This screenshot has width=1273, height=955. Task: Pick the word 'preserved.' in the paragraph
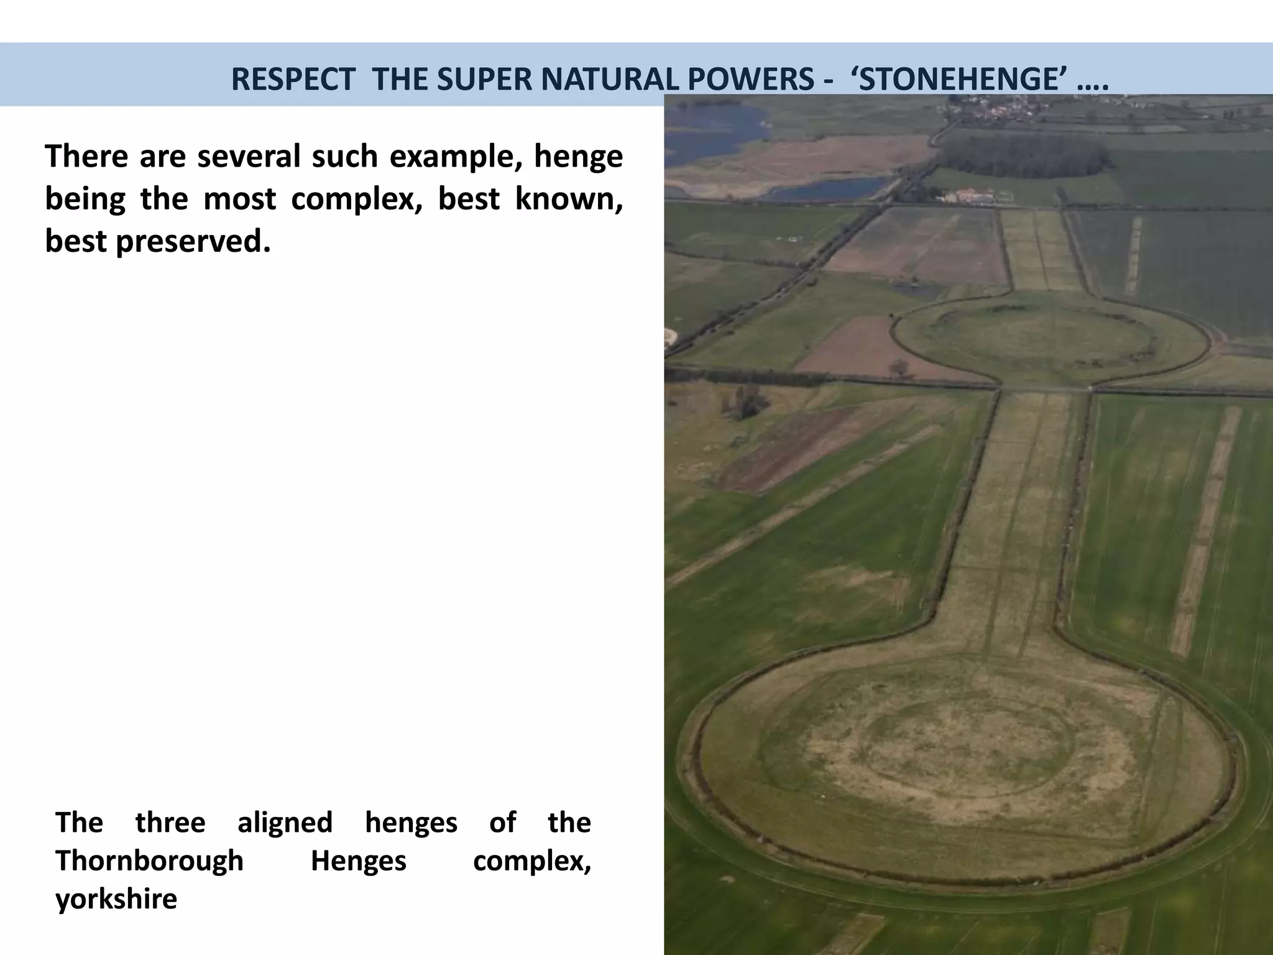tap(193, 241)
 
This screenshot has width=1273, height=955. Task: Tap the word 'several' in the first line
tap(249, 156)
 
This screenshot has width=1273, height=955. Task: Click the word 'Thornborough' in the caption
tap(149, 861)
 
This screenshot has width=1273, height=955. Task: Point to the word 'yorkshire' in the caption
tap(116, 899)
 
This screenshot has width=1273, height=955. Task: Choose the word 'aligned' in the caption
tap(285, 823)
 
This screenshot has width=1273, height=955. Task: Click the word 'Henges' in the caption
tap(358, 861)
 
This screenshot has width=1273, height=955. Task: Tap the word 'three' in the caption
tap(170, 823)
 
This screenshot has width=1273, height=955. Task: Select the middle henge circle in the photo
tap(1050, 339)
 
